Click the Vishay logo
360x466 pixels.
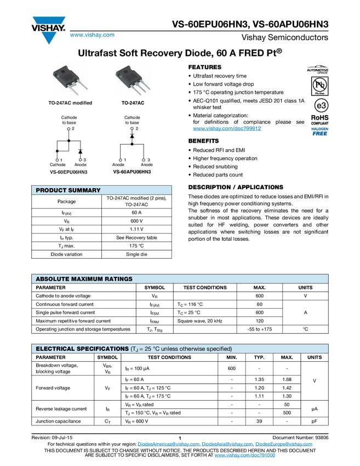pyautogui.click(x=48, y=29)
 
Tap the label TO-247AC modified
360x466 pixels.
pyautogui.click(x=70, y=103)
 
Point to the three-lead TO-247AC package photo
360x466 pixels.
pyautogui.click(x=131, y=80)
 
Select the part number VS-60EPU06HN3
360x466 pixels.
pyautogui.click(x=68, y=172)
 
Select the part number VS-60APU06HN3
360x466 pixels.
pyautogui.click(x=132, y=172)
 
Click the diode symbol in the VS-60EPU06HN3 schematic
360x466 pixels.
pyautogui.click(x=80, y=151)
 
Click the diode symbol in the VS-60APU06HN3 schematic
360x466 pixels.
pyautogui.click(x=132, y=135)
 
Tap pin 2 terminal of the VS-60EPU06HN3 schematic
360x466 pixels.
pyautogui.click(x=69, y=129)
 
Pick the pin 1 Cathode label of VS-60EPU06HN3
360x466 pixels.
pyautogui.click(x=58, y=164)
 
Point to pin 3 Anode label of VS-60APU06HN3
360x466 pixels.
pyautogui.click(x=146, y=164)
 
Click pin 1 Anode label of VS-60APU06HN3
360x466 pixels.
pyautogui.click(x=119, y=164)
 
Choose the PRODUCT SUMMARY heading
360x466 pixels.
pyautogui.click(x=68, y=190)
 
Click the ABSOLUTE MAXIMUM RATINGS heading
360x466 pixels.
pyautogui.click(x=84, y=279)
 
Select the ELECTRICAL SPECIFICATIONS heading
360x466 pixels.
pyautogui.click(x=82, y=349)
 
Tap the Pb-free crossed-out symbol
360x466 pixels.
pyautogui.click(x=318, y=86)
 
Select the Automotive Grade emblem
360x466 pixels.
pyautogui.click(x=318, y=70)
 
